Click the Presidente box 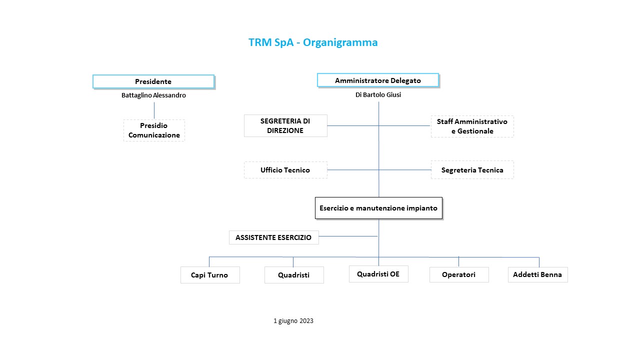tap(153, 81)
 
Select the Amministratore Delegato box tap(378, 80)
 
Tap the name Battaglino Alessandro tap(153, 95)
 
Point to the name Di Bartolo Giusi tap(378, 94)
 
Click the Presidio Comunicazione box tap(154, 130)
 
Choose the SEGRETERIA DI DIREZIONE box tap(285, 125)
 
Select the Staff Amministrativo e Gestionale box tap(472, 126)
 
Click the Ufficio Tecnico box tap(285, 170)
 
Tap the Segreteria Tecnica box tap(472, 170)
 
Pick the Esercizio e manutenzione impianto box tap(378, 208)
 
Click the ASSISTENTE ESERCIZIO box tap(273, 237)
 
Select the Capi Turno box tap(210, 275)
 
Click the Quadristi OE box tap(378, 274)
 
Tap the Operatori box tap(459, 274)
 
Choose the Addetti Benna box tap(537, 274)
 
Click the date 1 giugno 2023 tap(293, 321)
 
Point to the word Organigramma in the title tap(340, 42)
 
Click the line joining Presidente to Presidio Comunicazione tap(154, 110)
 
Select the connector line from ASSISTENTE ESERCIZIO tap(348, 236)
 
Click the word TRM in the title tap(260, 42)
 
